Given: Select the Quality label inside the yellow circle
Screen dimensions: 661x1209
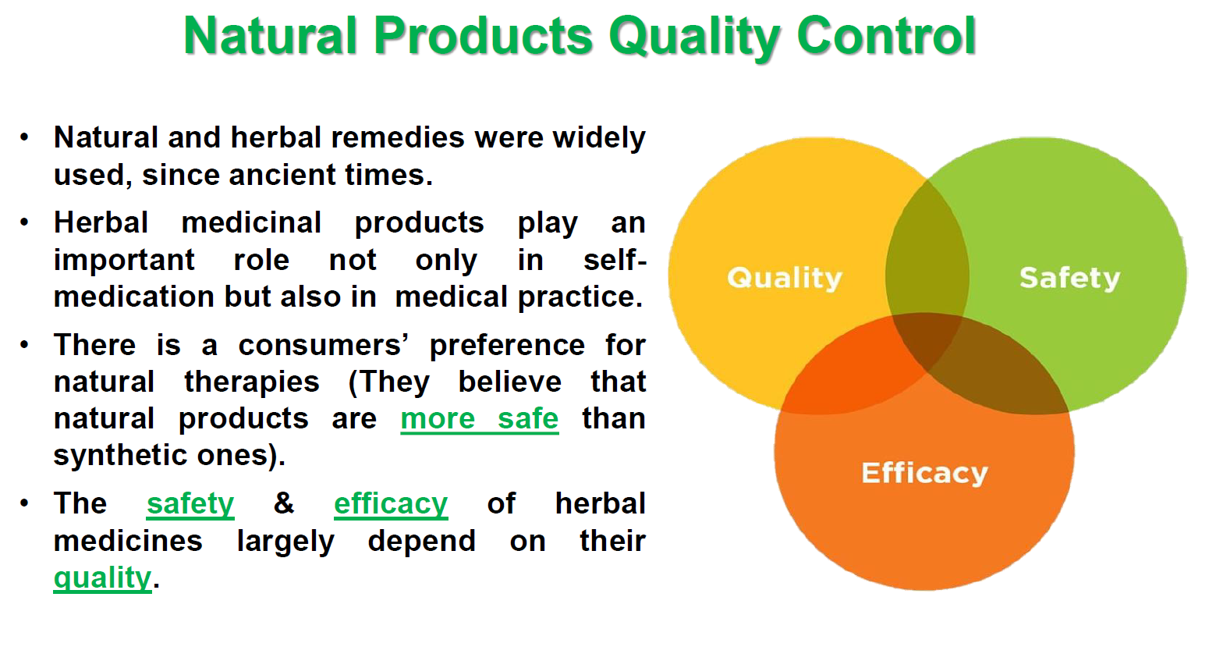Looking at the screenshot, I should [x=785, y=278].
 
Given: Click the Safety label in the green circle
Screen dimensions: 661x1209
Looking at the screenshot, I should [x=1069, y=278].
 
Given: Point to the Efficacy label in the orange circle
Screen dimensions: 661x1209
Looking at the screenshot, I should [x=924, y=473].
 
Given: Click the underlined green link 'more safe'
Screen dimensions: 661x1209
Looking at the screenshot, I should [x=479, y=419].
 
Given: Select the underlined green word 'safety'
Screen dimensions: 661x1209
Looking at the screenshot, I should [x=190, y=504].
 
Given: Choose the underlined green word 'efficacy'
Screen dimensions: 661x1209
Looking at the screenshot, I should [x=391, y=504].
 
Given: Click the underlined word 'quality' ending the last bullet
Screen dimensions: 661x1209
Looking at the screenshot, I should [x=102, y=578].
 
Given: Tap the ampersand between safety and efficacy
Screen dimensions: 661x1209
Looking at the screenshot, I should [x=284, y=503].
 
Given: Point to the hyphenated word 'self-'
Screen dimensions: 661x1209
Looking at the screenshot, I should [x=615, y=260].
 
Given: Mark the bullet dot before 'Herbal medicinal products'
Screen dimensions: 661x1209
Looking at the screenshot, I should [x=25, y=223].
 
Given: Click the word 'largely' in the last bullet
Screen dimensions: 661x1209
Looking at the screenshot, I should [x=285, y=542].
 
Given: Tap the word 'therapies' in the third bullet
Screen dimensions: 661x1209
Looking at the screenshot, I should [x=252, y=382].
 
